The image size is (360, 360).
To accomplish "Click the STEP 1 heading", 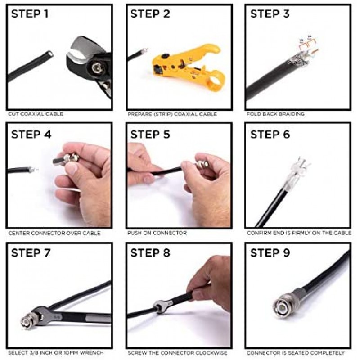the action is click(x=30, y=14).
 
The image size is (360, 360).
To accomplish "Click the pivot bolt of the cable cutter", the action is click(x=95, y=68).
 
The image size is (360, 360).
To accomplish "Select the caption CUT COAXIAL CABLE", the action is click(x=36, y=114).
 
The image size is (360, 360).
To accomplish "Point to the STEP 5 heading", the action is click(x=150, y=135).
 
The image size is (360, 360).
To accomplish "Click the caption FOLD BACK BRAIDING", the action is click(x=275, y=114).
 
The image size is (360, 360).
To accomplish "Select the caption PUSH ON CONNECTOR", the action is click(x=157, y=233).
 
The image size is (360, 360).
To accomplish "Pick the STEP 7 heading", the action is click(x=31, y=253).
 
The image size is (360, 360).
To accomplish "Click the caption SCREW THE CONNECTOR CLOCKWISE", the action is click(x=177, y=353).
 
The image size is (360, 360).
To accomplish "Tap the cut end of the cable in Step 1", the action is click(x=50, y=54).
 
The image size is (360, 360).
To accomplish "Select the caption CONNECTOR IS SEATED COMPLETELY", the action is click(x=296, y=353).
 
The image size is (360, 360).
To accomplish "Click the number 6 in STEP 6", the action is click(x=286, y=135).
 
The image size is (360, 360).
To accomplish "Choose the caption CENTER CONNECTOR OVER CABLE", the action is click(x=54, y=233).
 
